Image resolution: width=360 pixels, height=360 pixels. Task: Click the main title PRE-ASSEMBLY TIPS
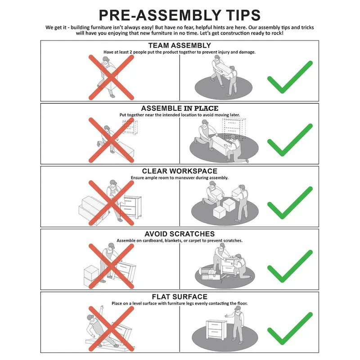[x=180, y=15]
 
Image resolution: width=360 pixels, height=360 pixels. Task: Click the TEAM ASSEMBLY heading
[x=180, y=45]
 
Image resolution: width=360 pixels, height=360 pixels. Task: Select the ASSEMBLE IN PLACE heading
[x=180, y=108]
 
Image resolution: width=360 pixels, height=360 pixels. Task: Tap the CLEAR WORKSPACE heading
[x=180, y=171]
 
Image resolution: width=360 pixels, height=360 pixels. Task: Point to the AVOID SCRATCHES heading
[x=180, y=234]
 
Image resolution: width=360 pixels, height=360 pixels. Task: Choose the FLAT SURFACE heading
[x=180, y=297]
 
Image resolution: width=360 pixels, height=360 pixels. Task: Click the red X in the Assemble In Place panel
[x=111, y=140]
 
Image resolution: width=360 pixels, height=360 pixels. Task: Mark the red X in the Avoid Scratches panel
[x=111, y=266]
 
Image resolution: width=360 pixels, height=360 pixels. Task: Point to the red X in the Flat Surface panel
[x=111, y=329]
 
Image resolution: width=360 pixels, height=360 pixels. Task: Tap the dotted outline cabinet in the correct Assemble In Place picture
[x=234, y=129]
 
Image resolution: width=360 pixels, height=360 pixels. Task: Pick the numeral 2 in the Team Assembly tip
[x=131, y=52]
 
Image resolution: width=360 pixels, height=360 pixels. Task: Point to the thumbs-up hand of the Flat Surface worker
[x=227, y=316]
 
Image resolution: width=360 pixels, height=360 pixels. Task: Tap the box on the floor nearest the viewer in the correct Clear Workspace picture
[x=219, y=212]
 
